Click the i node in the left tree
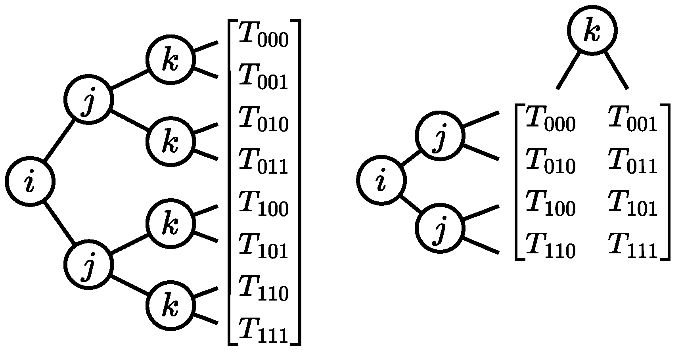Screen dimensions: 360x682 point(30,181)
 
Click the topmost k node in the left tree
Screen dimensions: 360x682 point(170,60)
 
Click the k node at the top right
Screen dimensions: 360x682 point(592,31)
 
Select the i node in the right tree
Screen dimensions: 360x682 point(381,180)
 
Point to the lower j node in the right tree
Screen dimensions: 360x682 point(440,228)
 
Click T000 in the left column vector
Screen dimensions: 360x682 point(263,36)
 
